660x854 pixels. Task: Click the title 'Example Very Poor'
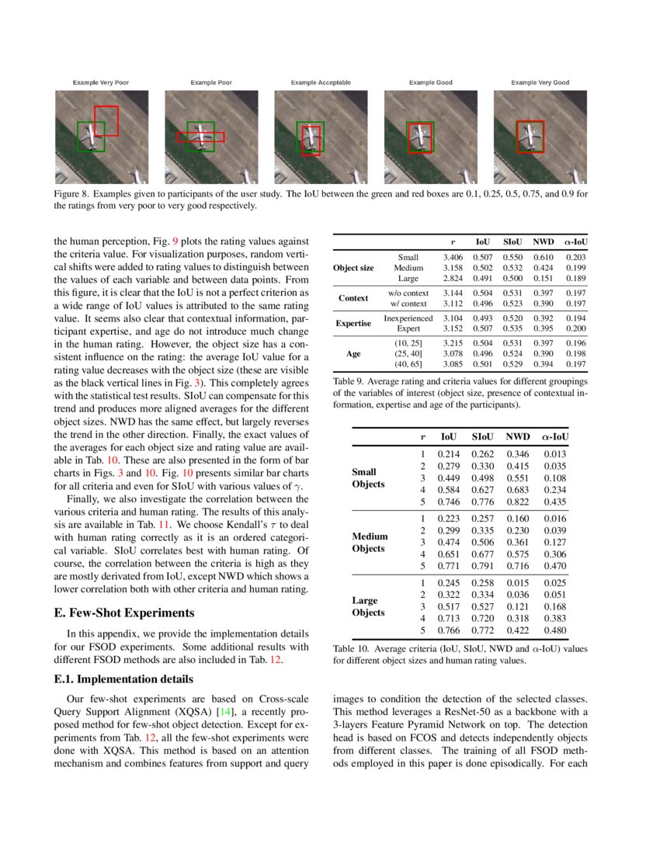tap(101, 82)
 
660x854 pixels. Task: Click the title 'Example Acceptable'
tap(321, 82)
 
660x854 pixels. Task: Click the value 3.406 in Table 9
tap(453, 257)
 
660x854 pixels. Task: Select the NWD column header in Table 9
tap(544, 242)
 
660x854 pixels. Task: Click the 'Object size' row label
tap(353, 268)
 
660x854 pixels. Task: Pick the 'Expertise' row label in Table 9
tap(353, 323)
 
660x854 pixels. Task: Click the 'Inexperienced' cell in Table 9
tap(408, 318)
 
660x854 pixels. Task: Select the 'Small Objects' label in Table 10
tap(368, 477)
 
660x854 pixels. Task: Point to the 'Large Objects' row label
tap(368, 606)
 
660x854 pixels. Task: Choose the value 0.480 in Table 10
tap(554, 630)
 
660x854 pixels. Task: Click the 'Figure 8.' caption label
tap(72, 193)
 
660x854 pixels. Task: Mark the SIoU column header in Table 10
tap(481, 438)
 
